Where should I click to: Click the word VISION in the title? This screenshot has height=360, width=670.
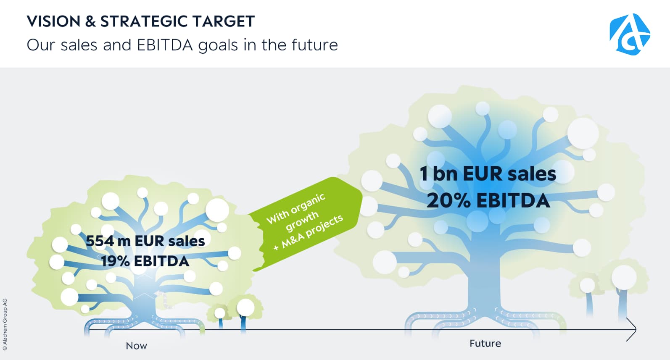pyautogui.click(x=53, y=21)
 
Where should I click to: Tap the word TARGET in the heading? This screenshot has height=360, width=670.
pyautogui.click(x=224, y=21)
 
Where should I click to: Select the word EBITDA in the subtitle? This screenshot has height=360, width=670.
pyautogui.click(x=165, y=45)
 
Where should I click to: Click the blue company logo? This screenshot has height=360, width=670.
pyautogui.click(x=630, y=34)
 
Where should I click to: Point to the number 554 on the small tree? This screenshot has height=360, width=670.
pyautogui.click(x=100, y=241)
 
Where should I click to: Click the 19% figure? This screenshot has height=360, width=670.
pyautogui.click(x=115, y=261)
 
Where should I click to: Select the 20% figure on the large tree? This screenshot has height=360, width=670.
pyautogui.click(x=448, y=201)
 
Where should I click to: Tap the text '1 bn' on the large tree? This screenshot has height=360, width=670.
pyautogui.click(x=438, y=174)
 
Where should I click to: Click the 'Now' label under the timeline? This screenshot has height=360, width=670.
pyautogui.click(x=136, y=346)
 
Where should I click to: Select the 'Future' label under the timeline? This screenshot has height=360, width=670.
pyautogui.click(x=485, y=344)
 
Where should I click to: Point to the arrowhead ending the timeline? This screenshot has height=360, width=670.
pyautogui.click(x=635, y=329)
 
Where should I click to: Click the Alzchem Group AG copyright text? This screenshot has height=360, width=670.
pyautogui.click(x=5, y=324)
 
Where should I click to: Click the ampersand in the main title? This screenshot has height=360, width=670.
pyautogui.click(x=90, y=21)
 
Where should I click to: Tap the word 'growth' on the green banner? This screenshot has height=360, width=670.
pyautogui.click(x=302, y=221)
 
